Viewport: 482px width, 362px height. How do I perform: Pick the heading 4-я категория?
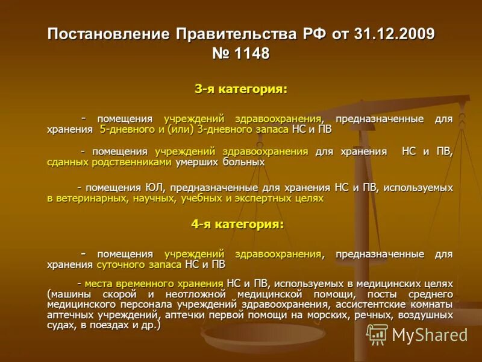click(x=237, y=224)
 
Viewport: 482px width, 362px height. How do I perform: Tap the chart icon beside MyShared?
click(x=377, y=334)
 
